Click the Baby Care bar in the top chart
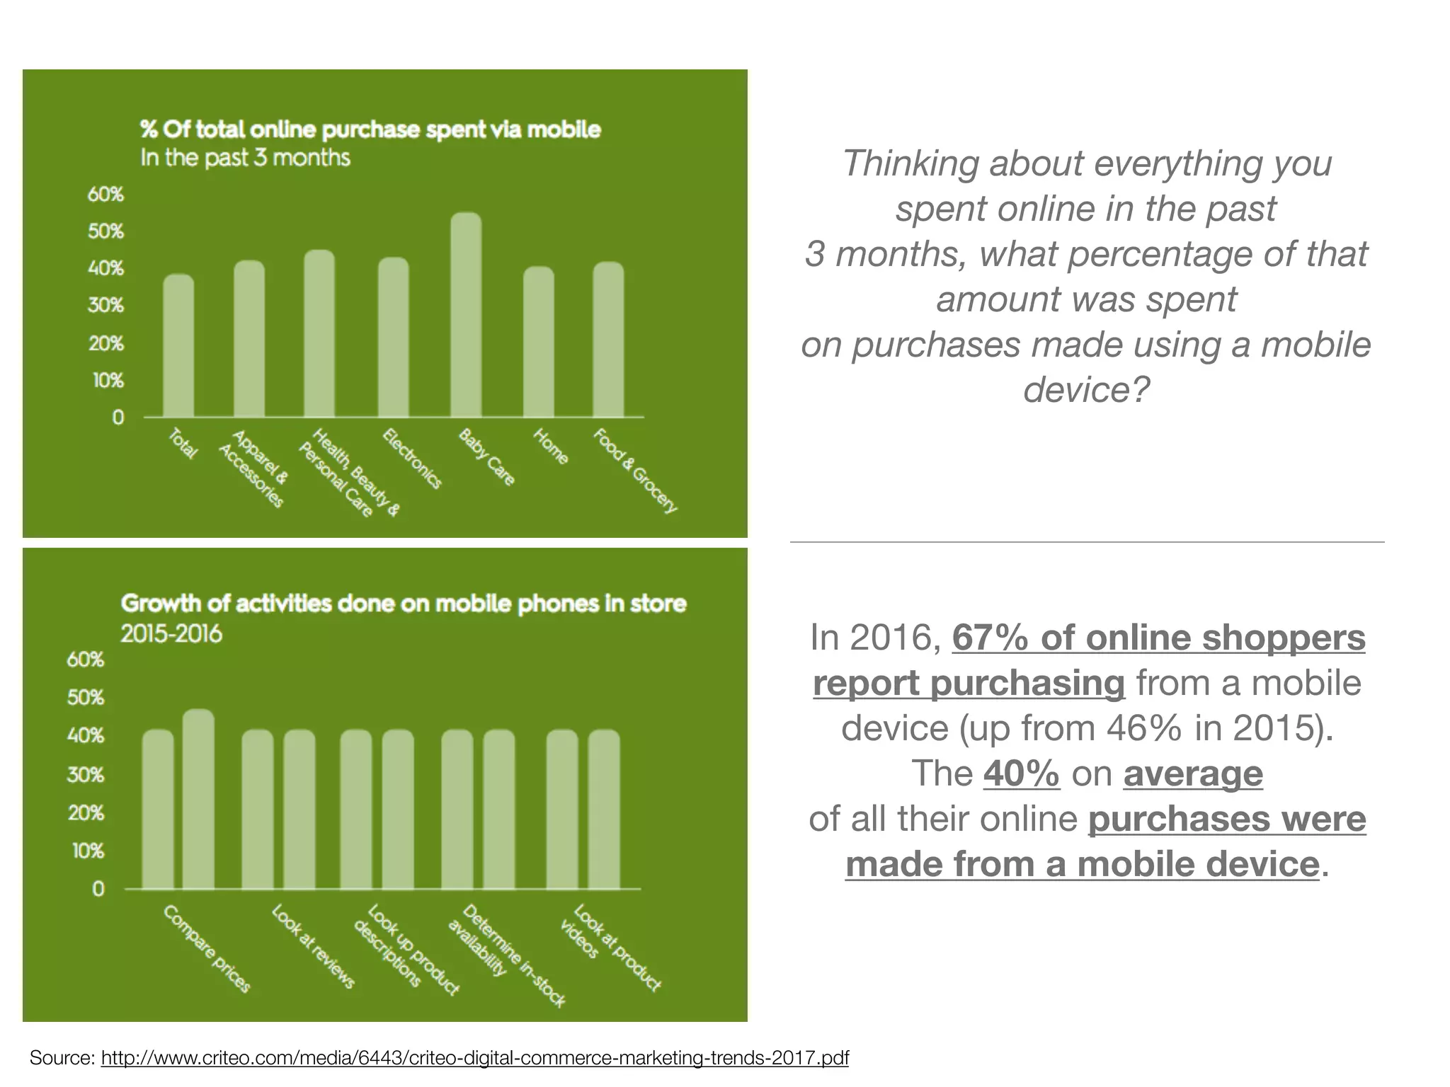[466, 315]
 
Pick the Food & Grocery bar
[608, 340]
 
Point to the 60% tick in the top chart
[105, 194]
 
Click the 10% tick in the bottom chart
[88, 851]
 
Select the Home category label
[550, 447]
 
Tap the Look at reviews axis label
[313, 946]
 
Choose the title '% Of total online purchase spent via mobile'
[370, 130]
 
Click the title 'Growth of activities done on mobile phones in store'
[404, 604]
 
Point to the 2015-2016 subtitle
[171, 633]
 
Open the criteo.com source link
[474, 1058]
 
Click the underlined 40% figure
[1021, 773]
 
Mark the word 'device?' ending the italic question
[1086, 389]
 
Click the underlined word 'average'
[1192, 773]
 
